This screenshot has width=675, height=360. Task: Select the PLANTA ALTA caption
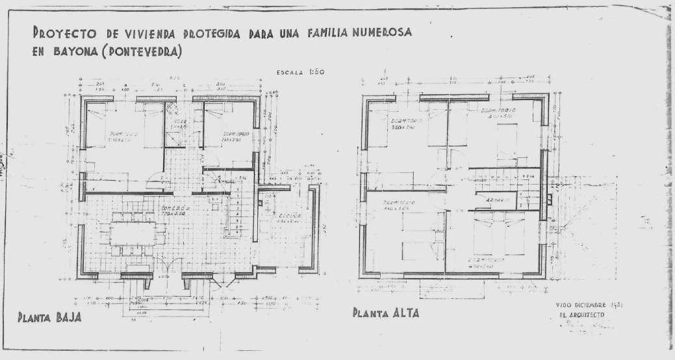[x=386, y=313]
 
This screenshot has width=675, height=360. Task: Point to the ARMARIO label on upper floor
[x=497, y=200]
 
